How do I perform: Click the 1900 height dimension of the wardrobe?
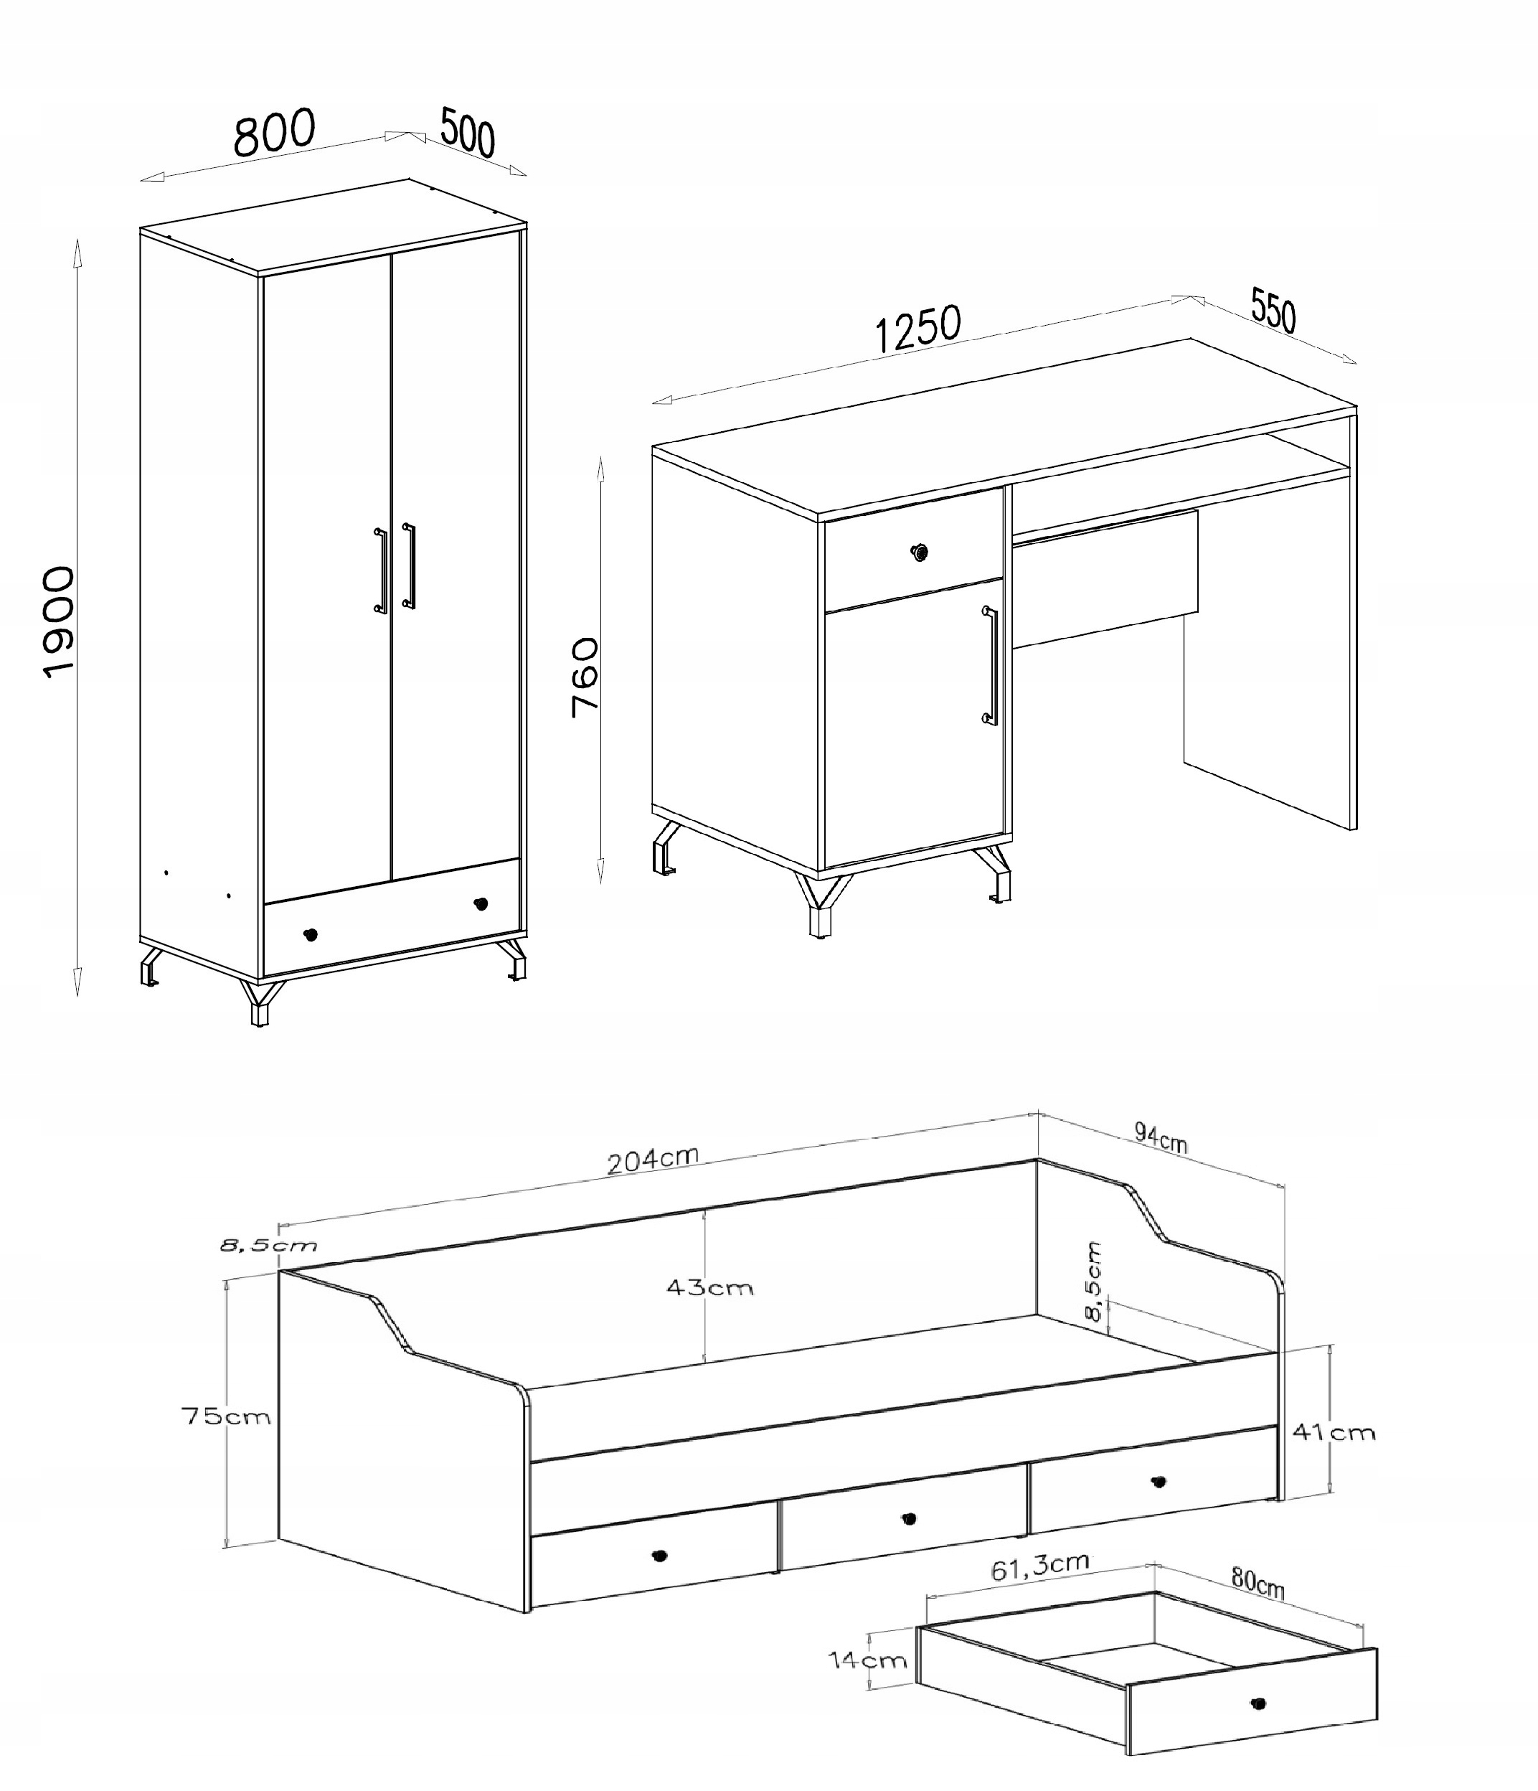59,621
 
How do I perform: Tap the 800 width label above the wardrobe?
275,133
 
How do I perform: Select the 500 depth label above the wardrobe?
468,132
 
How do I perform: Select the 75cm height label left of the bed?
225,1416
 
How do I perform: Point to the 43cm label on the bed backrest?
709,1288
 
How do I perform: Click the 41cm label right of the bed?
1334,1433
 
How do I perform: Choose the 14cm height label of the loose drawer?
867,1660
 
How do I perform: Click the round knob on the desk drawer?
920,552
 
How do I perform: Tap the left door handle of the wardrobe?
380,570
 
